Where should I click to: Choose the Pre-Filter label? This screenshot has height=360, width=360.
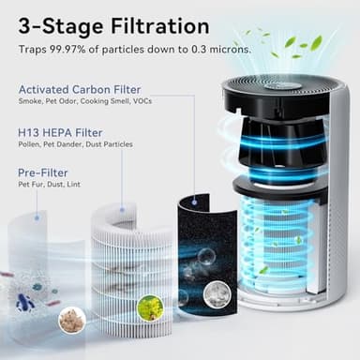[42, 172]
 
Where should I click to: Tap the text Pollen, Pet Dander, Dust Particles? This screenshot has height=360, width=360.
[75, 144]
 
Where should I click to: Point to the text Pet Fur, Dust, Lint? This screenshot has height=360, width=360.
[49, 186]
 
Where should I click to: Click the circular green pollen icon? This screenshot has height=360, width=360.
[149, 307]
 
